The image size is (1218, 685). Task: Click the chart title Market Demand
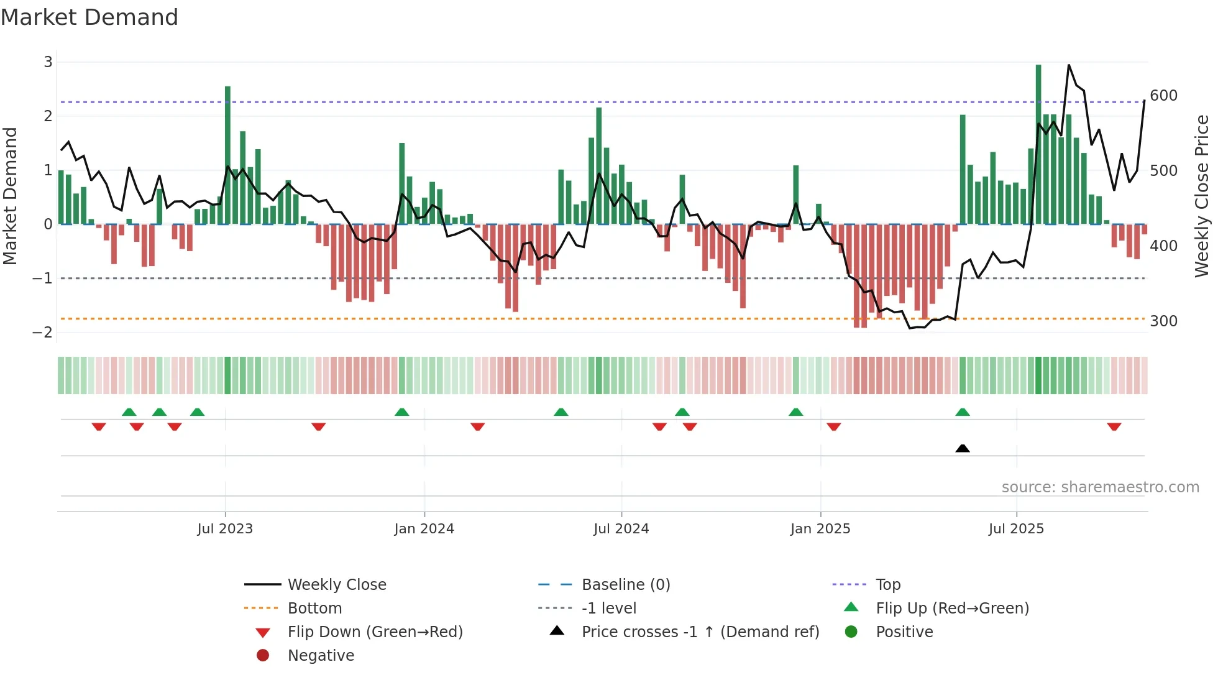[x=89, y=17]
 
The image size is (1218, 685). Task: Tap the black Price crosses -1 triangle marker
[x=963, y=448]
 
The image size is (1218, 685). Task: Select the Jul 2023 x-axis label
[x=225, y=529]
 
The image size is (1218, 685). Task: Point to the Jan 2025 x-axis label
[x=820, y=529]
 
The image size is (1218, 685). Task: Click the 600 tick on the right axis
[x=1163, y=96]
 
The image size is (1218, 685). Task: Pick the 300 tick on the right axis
[x=1163, y=321]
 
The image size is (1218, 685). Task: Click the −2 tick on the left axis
[x=42, y=332]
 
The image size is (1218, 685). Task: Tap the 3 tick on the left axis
[x=48, y=62]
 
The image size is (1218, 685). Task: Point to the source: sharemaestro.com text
[x=1100, y=487]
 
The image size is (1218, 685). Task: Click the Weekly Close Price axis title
[x=1202, y=196]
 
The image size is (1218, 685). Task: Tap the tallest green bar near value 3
[x=1038, y=143]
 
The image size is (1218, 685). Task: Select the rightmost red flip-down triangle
[x=1114, y=426]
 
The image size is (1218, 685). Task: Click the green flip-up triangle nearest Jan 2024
[x=402, y=412]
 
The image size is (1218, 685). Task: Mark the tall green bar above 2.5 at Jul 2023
[x=227, y=155]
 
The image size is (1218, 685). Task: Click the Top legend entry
[x=887, y=585]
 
